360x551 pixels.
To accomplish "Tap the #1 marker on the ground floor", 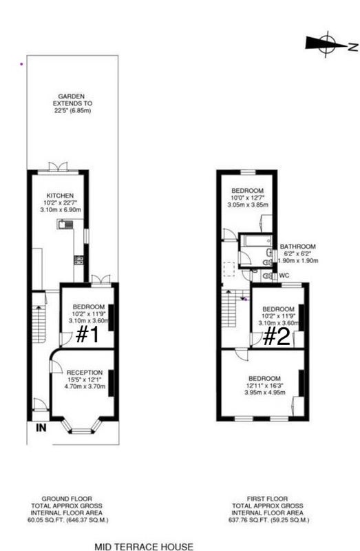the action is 88,335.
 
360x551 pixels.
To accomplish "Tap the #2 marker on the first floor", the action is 277,337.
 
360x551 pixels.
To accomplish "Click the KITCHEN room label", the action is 61,196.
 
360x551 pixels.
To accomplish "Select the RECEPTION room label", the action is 85,373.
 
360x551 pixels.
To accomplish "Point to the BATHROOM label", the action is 297,247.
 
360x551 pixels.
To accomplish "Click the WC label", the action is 284,275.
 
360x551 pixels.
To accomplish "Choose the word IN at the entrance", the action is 41,428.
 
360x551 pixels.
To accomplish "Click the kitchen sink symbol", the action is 65,225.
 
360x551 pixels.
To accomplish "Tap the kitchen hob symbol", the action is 78,260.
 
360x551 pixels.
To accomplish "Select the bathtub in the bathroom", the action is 255,240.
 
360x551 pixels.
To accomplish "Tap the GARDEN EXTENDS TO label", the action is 72,100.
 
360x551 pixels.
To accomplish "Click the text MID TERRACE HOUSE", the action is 144,546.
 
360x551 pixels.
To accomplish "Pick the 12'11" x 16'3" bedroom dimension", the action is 264,386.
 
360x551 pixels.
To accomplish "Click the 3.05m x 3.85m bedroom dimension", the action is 249,205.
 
